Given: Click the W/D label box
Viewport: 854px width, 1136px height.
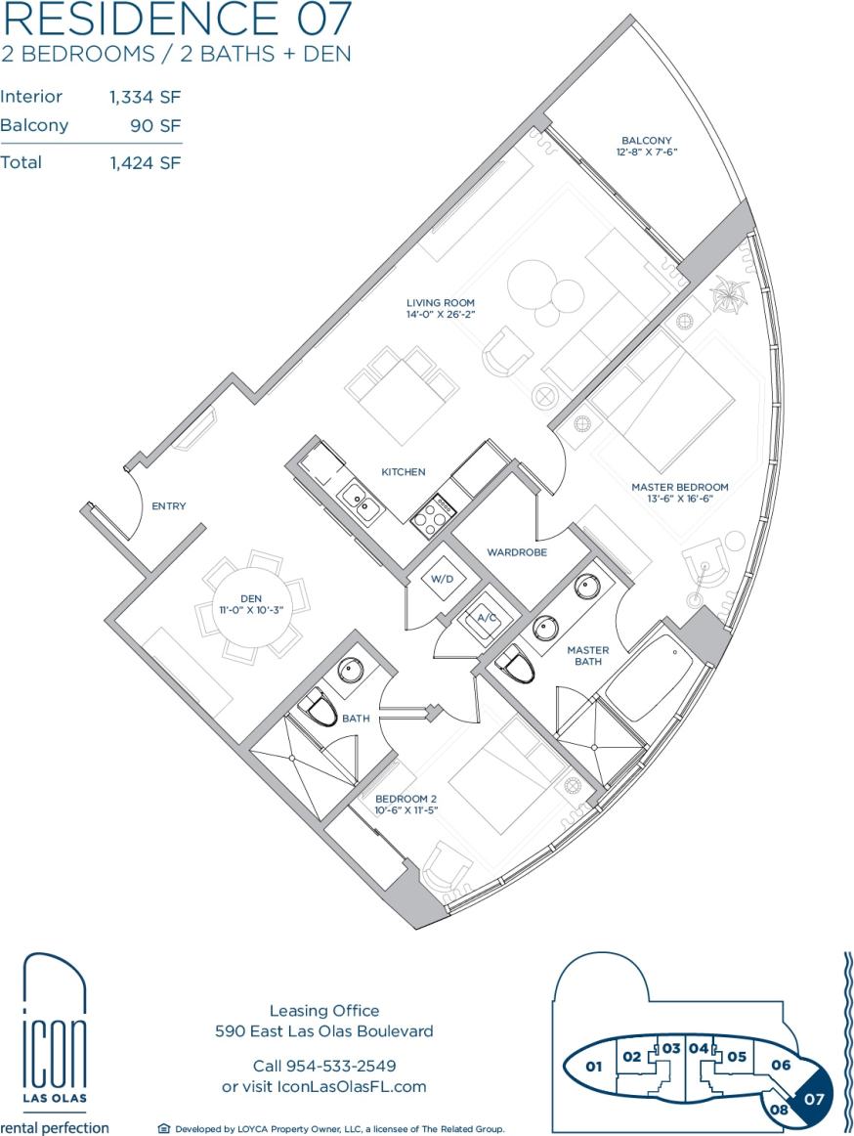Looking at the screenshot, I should (443, 579).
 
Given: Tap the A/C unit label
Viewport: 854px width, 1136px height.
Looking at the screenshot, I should (484, 618).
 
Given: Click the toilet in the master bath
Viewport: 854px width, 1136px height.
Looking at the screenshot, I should (517, 667).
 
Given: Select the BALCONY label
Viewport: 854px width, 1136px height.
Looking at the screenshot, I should (646, 141).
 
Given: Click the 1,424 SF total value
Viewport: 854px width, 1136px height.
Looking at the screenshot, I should (146, 163).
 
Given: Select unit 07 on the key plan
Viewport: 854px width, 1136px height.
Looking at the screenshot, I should (814, 1097).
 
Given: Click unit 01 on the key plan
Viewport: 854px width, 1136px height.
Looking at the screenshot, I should (593, 1067).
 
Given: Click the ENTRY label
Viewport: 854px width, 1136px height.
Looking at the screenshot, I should (168, 506).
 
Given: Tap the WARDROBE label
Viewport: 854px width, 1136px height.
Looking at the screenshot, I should (517, 552).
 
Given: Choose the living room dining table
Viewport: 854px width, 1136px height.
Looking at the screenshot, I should (403, 382).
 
